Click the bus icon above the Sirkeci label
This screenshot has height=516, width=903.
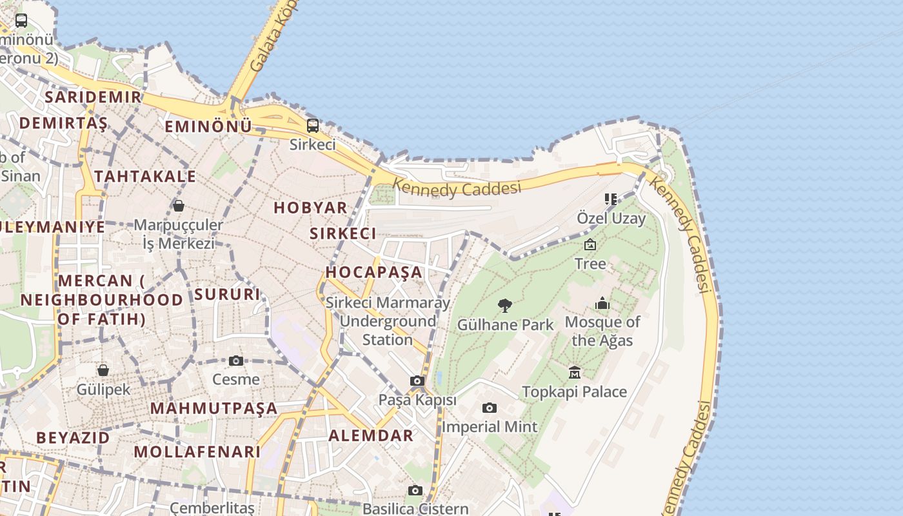313,126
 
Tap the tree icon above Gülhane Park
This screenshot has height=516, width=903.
505,305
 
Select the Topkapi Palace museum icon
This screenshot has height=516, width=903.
575,372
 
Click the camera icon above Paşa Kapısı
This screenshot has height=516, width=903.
417,381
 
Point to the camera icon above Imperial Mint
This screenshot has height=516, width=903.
490,408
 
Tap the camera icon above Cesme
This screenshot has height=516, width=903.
236,361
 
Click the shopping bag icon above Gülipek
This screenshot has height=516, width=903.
103,370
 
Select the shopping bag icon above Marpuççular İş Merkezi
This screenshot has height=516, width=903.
179,206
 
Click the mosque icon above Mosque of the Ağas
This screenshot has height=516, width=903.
602,303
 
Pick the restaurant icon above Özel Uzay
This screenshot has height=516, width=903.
610,199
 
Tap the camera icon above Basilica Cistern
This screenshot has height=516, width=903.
415,491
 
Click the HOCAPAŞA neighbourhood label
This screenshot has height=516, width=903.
374,272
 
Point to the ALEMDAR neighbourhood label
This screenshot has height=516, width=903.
371,435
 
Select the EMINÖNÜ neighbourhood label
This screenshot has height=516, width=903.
208,126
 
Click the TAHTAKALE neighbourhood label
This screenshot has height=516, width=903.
145,177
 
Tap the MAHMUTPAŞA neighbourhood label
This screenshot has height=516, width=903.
213,408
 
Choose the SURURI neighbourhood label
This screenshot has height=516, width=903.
227,295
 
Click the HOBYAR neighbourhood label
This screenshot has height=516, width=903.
311,208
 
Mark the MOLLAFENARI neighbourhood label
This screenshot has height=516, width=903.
197,451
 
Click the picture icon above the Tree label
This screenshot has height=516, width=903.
590,244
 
